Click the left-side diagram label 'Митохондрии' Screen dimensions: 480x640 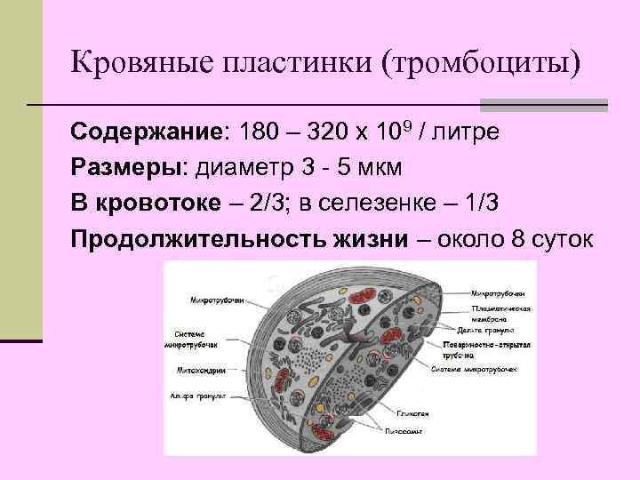click(200, 369)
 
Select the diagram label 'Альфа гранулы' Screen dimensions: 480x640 click(198, 393)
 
